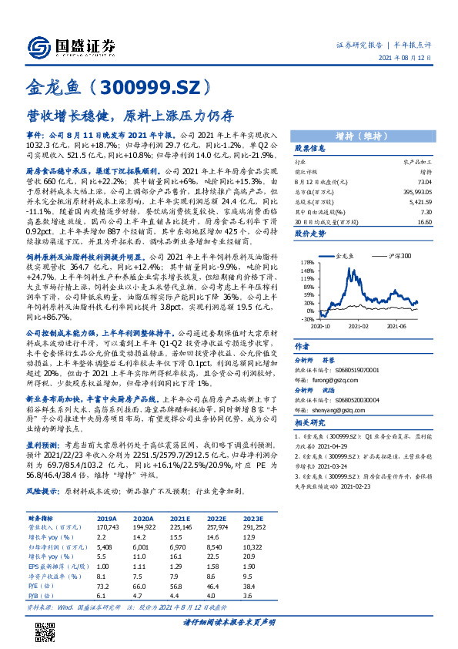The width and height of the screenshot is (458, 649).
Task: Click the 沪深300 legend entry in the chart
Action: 399,254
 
